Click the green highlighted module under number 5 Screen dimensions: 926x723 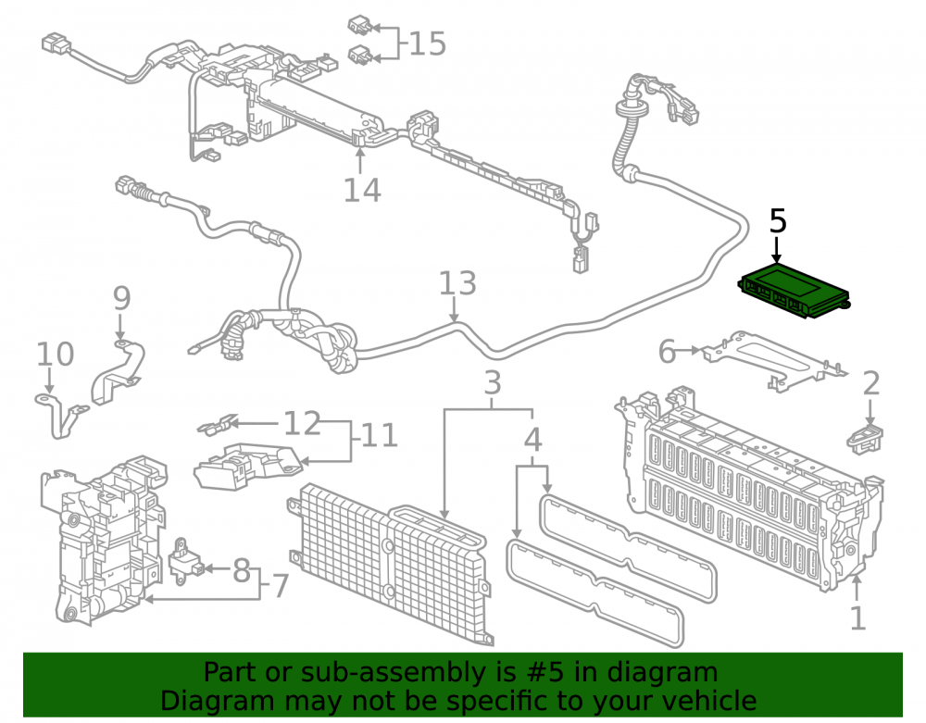click(795, 292)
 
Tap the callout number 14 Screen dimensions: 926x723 click(362, 190)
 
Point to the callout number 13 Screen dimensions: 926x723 click(457, 283)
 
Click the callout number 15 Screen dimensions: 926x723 click(427, 44)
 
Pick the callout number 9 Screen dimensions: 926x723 click(121, 298)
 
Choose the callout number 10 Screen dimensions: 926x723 click(55, 355)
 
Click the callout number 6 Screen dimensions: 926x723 click(667, 352)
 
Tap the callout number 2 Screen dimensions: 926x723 click(871, 383)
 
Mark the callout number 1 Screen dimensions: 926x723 click(857, 618)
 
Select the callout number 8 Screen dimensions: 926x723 click(241, 571)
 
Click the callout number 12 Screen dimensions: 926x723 click(302, 423)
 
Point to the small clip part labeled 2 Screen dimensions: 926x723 click(865, 438)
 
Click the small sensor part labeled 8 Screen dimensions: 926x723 click(187, 561)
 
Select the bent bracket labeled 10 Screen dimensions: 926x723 click(61, 413)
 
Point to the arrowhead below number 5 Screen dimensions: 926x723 click(777, 257)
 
